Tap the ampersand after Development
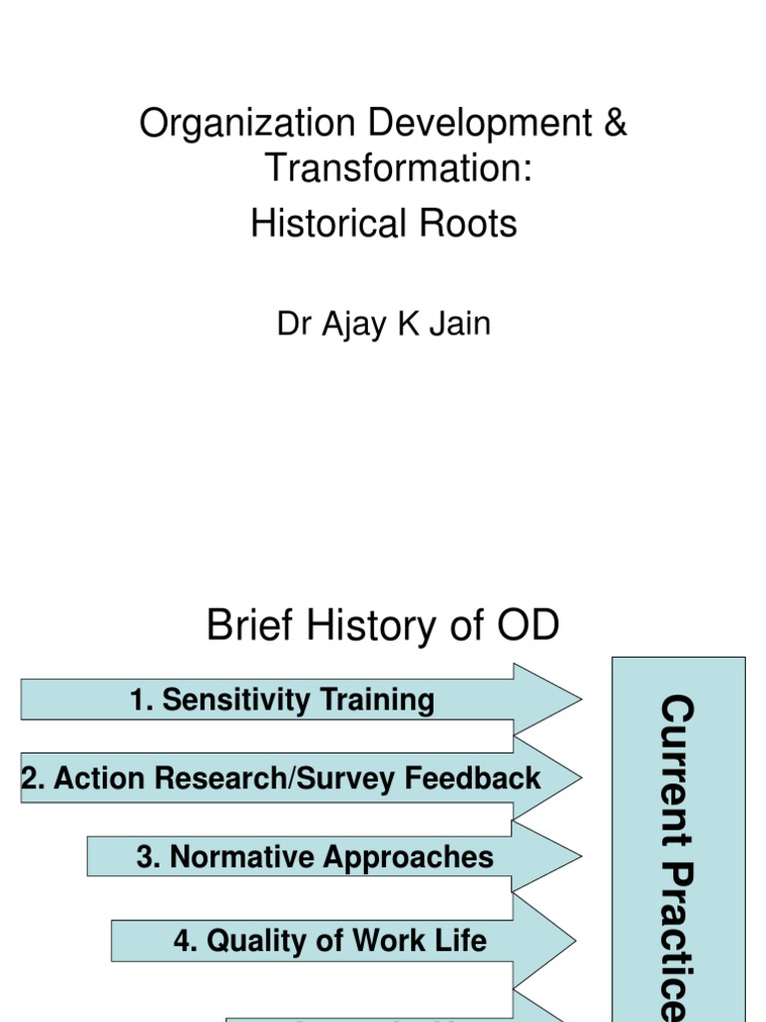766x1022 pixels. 615,124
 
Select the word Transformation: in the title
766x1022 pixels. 397,169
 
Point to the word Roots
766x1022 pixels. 468,224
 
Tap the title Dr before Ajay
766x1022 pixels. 295,324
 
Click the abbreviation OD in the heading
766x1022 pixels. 525,627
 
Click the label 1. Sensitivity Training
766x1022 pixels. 282,700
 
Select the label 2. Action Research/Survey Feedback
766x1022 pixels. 281,778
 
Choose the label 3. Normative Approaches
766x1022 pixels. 315,856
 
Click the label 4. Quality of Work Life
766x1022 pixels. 330,940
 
